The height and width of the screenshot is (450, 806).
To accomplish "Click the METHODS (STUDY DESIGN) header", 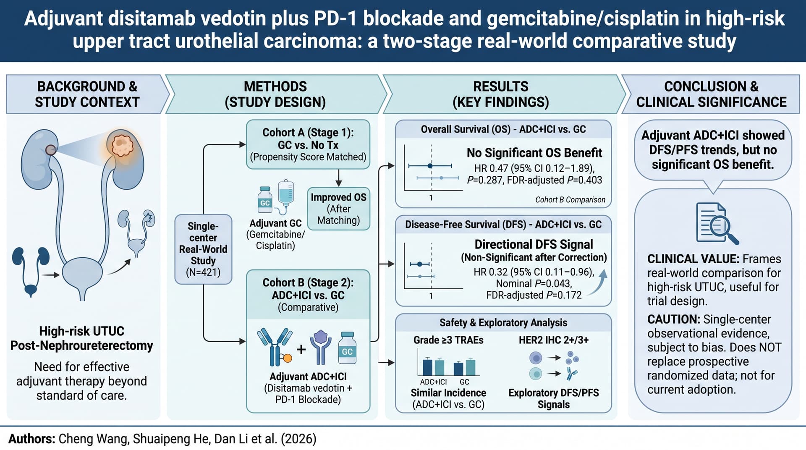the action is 275,94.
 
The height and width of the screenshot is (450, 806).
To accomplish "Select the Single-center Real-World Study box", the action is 203,249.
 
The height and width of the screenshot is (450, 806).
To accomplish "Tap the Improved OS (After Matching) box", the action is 338,209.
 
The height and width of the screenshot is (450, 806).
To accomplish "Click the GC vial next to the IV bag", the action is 265,199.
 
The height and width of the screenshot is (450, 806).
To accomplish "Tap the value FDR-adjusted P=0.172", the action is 534,295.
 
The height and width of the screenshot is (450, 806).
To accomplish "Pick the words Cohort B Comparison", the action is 570,200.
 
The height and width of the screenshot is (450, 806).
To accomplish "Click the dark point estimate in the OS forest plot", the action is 430,166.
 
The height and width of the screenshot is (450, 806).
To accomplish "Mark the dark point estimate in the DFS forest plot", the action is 419,264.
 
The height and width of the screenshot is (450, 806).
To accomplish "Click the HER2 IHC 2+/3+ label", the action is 554,340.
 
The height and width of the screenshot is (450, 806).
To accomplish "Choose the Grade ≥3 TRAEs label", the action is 448,340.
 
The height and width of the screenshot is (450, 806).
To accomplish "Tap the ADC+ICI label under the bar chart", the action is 433,382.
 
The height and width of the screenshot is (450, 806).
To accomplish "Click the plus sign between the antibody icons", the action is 301,349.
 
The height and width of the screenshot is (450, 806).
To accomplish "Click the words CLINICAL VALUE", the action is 693,259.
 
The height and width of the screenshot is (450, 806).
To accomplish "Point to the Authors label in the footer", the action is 32,439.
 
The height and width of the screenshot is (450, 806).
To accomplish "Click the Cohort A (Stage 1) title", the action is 308,133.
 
